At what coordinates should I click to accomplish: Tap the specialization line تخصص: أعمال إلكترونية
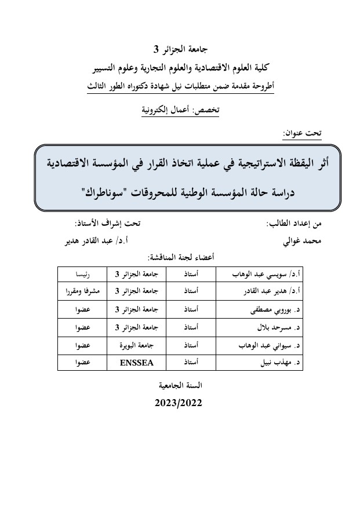click(180, 109)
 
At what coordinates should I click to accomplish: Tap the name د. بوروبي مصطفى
click(271, 310)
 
